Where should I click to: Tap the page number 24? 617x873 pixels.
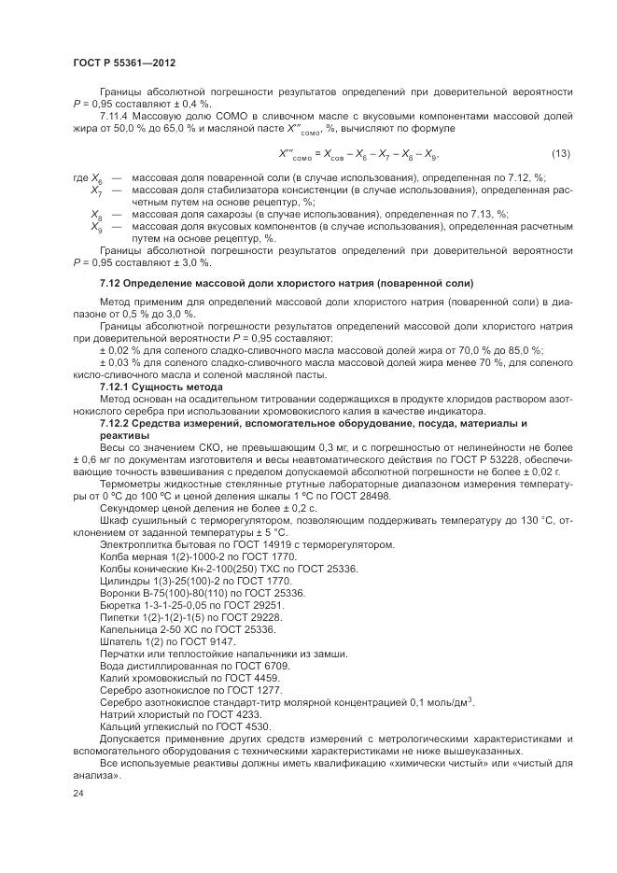tap(77, 793)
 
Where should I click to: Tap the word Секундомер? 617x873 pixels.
tap(131, 510)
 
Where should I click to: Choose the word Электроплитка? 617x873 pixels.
tap(135, 544)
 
